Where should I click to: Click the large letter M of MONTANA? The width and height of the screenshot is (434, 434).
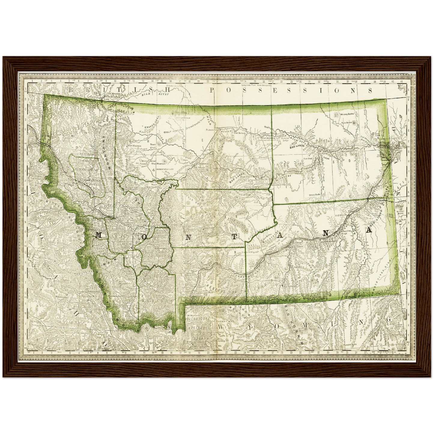pyautogui.click(x=99, y=235)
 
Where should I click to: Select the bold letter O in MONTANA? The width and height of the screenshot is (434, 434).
pyautogui.click(x=144, y=236)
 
